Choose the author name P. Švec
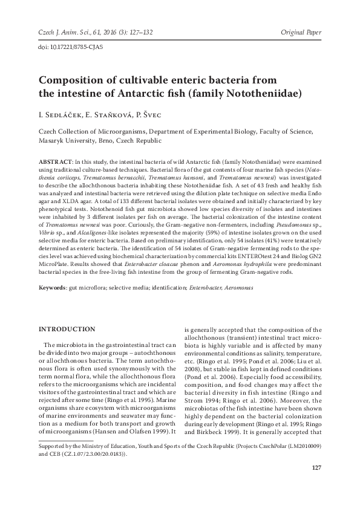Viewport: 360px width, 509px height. (x=143, y=114)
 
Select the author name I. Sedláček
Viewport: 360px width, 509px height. (x=57, y=114)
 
